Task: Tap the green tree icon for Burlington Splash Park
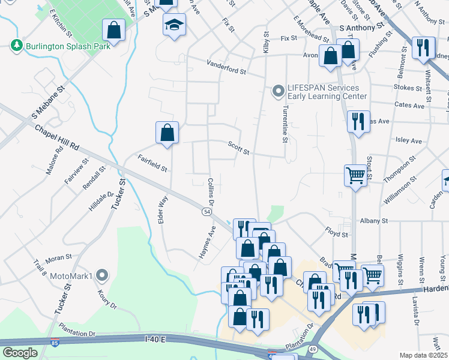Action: (x=16, y=46)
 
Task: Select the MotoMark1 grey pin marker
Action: (x=102, y=276)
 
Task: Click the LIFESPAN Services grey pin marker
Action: (x=277, y=91)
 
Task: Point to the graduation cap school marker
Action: (x=174, y=25)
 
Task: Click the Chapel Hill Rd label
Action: (x=57, y=137)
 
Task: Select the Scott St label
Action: (x=238, y=148)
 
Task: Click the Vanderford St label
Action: (x=226, y=67)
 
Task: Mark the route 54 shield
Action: (x=206, y=212)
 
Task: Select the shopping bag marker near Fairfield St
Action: (x=167, y=133)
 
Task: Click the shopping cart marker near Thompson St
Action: (x=355, y=175)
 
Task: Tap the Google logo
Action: (x=20, y=353)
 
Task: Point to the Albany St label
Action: (x=374, y=221)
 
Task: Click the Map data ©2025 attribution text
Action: (x=423, y=355)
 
